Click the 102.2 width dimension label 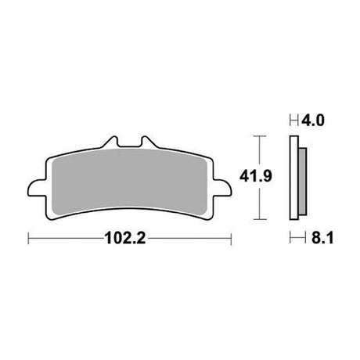pyautogui.click(x=124, y=239)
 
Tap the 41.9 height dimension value pyautogui.click(x=256, y=176)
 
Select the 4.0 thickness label pyautogui.click(x=313, y=121)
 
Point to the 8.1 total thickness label pyautogui.click(x=322, y=238)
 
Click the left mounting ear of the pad pyautogui.click(x=37, y=187)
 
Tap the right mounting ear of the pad pyautogui.click(x=222, y=187)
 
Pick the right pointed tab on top pyautogui.click(x=148, y=142)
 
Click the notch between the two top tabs pyautogui.click(x=129, y=146)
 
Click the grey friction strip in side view pyautogui.click(x=303, y=182)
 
